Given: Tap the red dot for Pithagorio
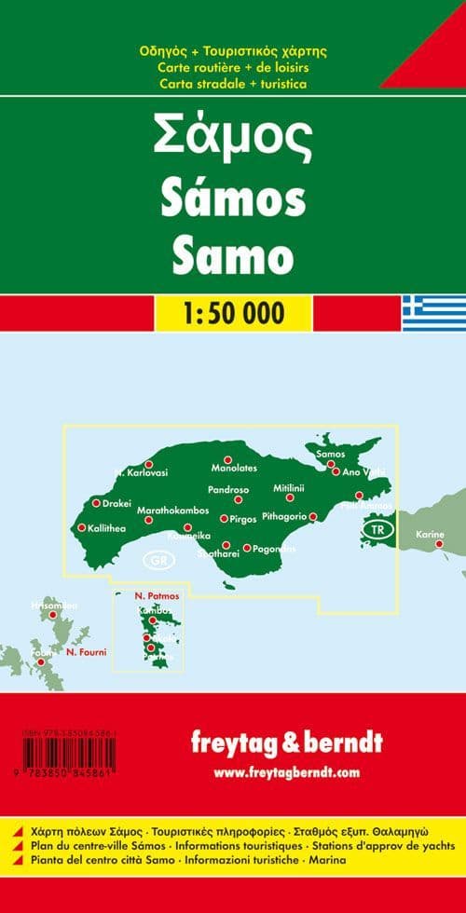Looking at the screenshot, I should [313, 516].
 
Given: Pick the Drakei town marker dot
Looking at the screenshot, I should [95, 503].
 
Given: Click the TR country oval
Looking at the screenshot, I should [377, 530].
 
